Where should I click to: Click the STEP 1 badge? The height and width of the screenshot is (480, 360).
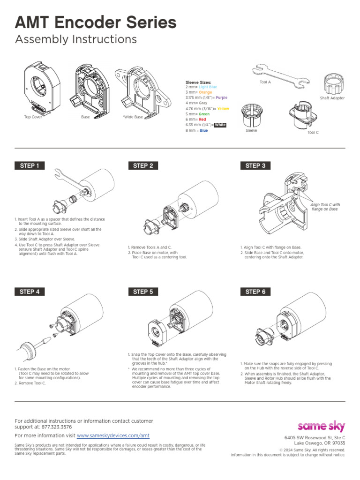click(x=30, y=165)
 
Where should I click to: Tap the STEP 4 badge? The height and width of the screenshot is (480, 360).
click(x=30, y=292)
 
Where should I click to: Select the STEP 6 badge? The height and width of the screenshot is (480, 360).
click(x=255, y=292)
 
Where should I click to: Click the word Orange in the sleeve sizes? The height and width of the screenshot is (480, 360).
click(x=205, y=92)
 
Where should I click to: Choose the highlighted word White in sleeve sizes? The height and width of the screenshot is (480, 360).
click(x=220, y=125)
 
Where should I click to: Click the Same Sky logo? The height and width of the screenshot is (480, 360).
click(x=322, y=426)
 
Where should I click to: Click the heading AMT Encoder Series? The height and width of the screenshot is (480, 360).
click(x=96, y=22)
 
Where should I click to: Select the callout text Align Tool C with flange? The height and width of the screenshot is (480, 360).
click(x=325, y=207)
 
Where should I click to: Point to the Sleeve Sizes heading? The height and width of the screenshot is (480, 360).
click(x=198, y=82)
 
